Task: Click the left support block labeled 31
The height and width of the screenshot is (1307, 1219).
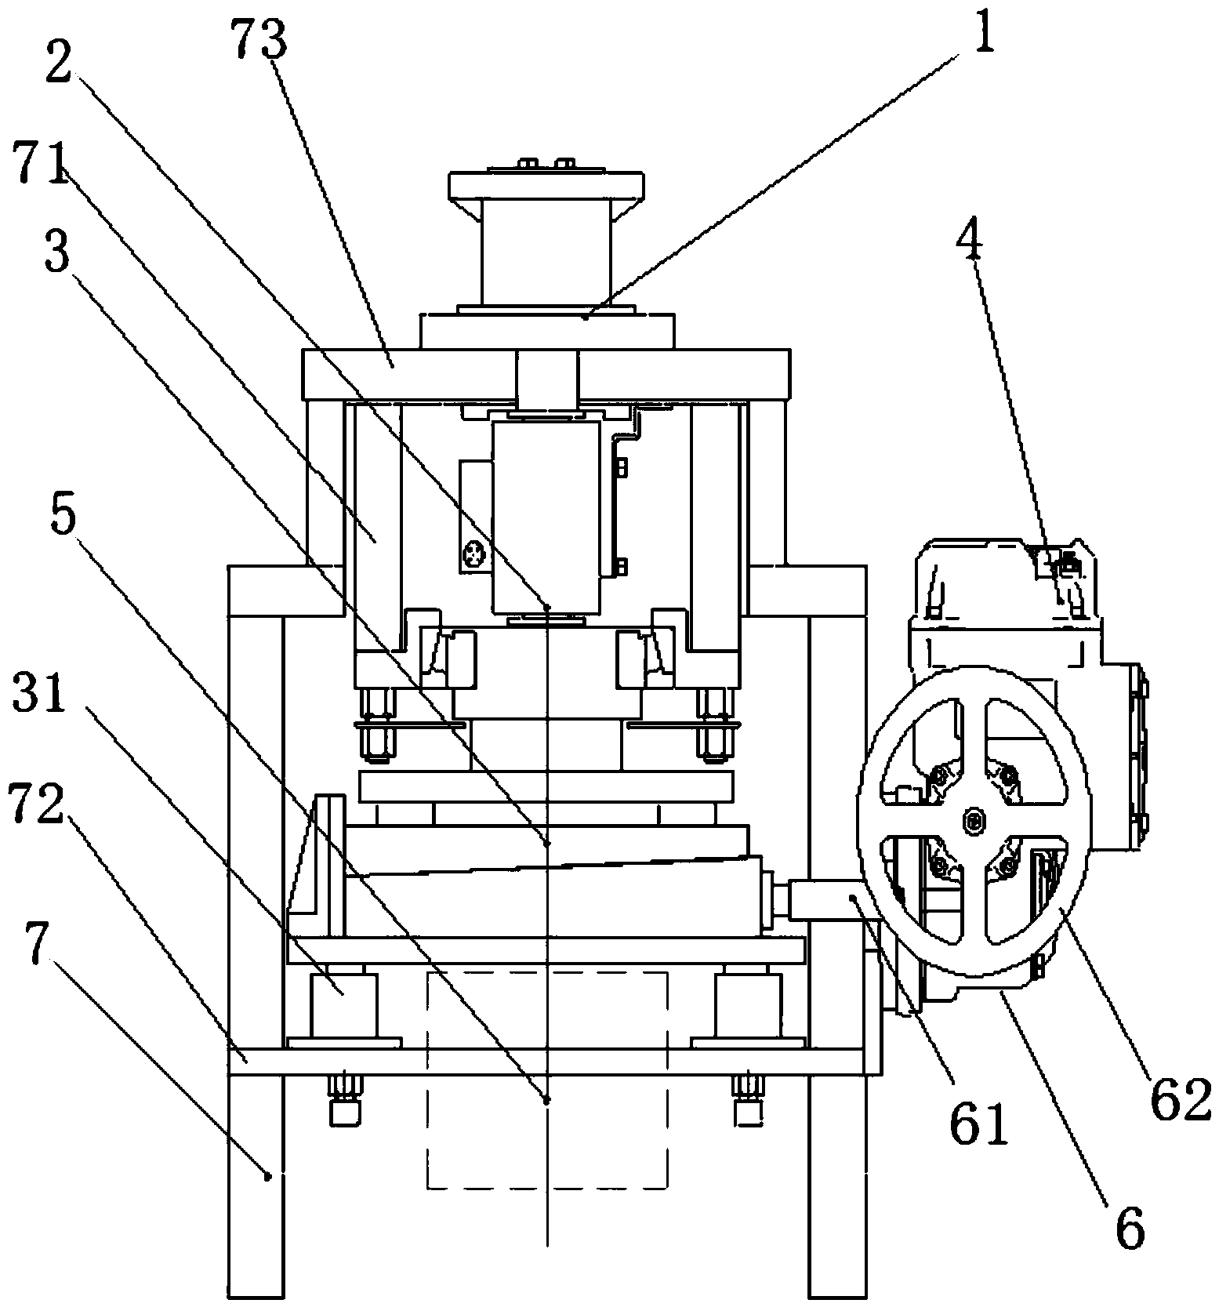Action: (x=344, y=1006)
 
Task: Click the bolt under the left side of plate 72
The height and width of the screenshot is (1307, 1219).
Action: (x=344, y=1100)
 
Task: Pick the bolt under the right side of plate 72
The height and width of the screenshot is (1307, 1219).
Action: (x=749, y=1100)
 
